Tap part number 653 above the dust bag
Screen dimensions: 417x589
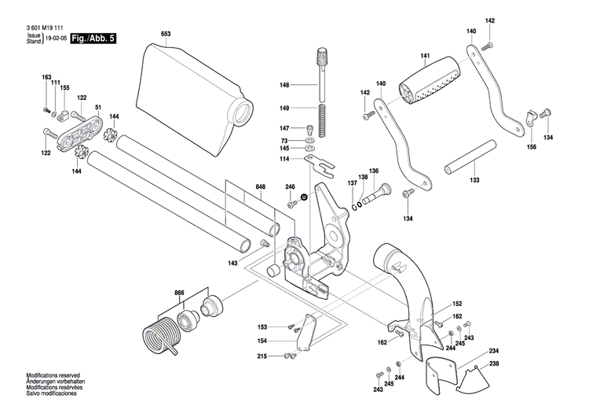pos(166,34)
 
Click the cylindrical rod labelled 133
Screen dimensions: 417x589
pos(470,161)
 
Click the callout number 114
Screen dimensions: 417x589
pos(284,159)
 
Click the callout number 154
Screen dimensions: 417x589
pos(262,341)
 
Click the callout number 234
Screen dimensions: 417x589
pos(494,350)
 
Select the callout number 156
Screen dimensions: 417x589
pos(531,147)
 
